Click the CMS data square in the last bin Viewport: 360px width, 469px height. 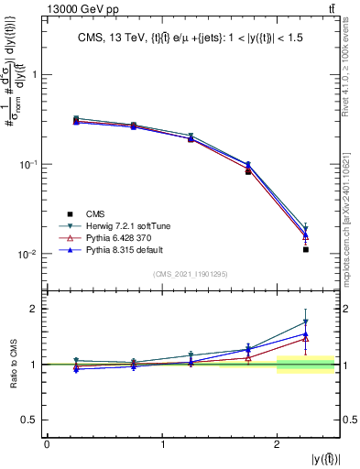coord(306,249)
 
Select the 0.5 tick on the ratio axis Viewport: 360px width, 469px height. coord(30,420)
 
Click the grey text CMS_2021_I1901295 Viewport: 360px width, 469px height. coord(191,274)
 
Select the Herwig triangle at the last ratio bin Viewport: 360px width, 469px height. coord(306,322)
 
